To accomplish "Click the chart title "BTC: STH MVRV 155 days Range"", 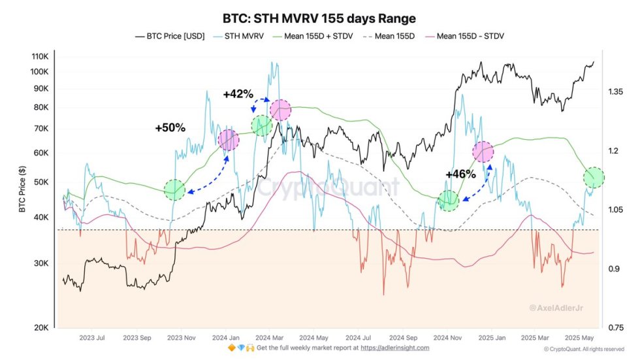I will tap(319, 18).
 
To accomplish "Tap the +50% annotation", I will tap(170, 128).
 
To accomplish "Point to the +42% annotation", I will tap(238, 94).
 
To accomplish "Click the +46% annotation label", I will tap(460, 174).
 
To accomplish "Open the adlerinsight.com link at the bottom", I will tap(396, 348).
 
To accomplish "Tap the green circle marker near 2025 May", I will tap(594, 177).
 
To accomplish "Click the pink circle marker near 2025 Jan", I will tap(483, 152).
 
